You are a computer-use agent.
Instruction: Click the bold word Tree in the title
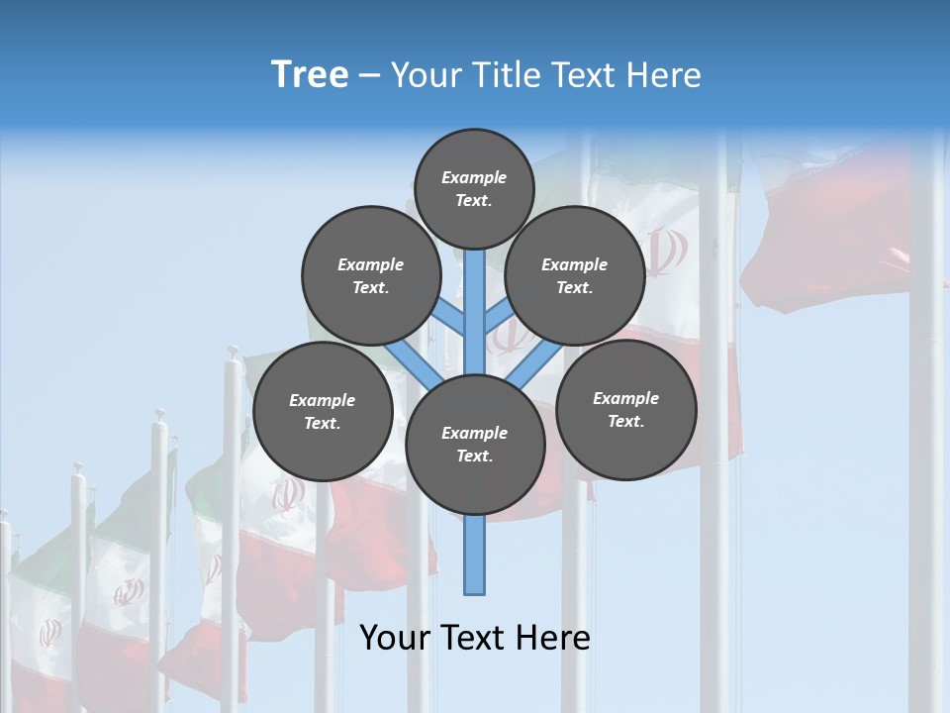point(310,74)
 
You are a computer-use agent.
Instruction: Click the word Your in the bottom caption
point(396,638)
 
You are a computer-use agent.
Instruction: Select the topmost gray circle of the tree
point(474,188)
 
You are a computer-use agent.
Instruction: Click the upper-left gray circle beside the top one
point(370,275)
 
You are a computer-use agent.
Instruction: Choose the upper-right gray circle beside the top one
point(574,275)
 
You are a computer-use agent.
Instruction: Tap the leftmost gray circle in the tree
point(322,411)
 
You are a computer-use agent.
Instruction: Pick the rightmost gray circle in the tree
point(625,409)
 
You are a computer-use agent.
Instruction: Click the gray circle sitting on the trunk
point(475,445)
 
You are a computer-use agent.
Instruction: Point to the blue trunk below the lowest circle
point(475,555)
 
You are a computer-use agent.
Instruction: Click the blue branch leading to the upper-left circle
point(450,317)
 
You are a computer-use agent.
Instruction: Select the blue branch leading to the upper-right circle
point(498,317)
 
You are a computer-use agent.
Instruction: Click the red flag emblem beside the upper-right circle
point(666,253)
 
